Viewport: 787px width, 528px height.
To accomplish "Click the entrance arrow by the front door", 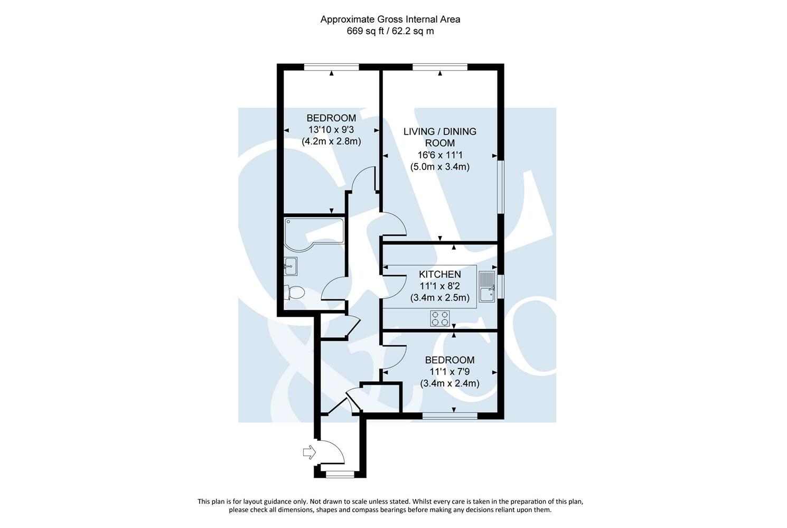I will [308, 452].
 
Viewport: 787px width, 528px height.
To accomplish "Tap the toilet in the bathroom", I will [294, 292].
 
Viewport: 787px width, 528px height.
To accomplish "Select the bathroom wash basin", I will [290, 266].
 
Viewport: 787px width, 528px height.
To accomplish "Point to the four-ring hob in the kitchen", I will [440, 318].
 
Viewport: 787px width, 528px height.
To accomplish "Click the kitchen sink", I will [486, 287].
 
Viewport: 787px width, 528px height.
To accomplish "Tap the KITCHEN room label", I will [439, 274].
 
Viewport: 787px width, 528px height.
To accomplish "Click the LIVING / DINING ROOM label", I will [439, 137].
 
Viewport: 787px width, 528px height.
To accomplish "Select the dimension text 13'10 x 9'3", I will [331, 129].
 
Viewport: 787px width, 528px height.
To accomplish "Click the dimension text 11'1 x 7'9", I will [449, 372].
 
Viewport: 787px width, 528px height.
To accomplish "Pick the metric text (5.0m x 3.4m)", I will [439, 167].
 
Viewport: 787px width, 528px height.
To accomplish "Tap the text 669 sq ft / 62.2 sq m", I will [390, 31].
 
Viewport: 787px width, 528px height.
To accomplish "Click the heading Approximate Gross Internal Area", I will [390, 20].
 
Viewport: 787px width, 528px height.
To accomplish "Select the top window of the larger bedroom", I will [331, 67].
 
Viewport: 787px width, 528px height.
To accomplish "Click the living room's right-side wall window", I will [501, 187].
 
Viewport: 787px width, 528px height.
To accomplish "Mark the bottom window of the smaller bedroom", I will [449, 416].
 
